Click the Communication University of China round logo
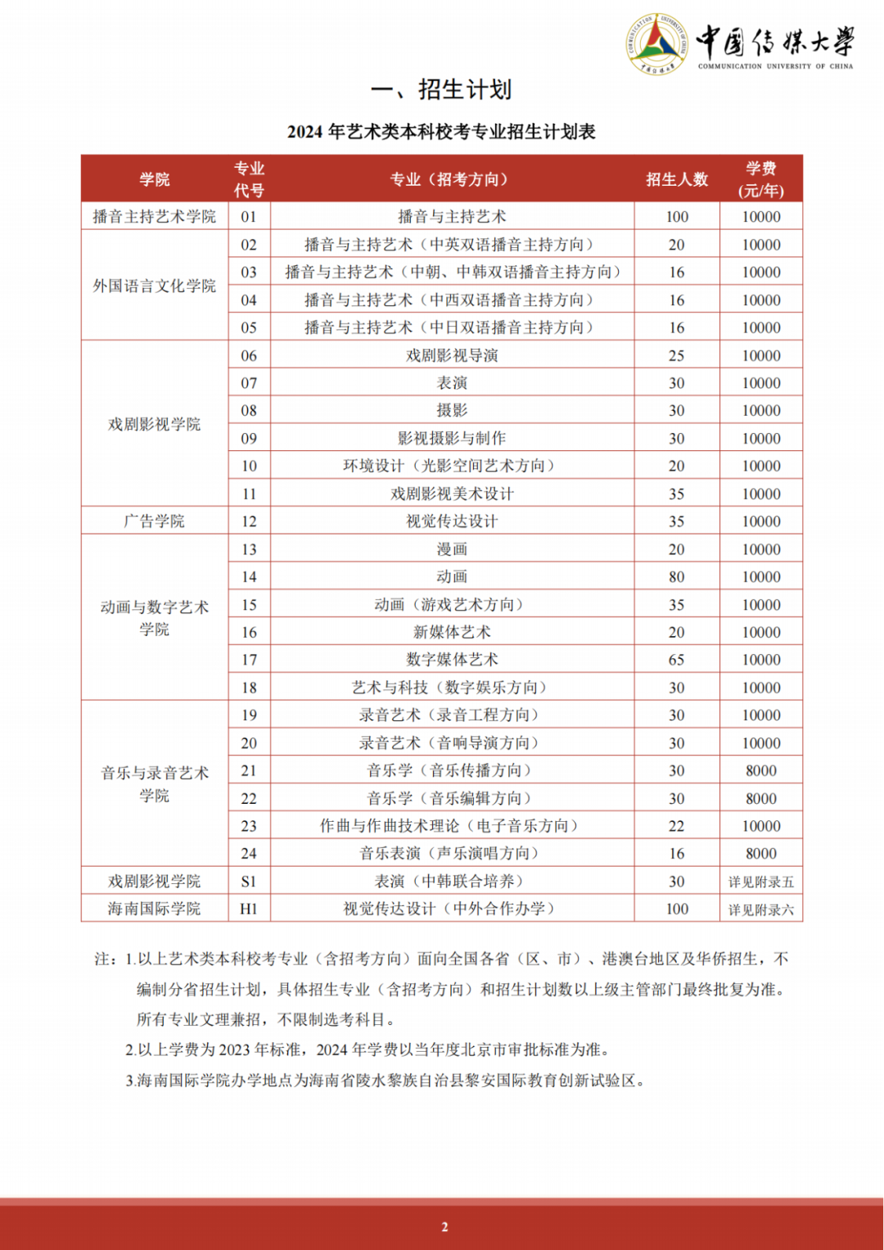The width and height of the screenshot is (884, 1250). tap(656, 44)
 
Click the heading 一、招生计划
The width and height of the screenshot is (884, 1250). tap(441, 89)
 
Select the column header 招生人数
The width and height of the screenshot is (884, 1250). tap(677, 179)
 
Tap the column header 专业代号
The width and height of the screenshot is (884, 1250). tap(249, 179)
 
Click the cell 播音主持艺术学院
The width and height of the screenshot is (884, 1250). tap(155, 217)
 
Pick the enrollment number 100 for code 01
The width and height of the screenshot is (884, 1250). tap(677, 217)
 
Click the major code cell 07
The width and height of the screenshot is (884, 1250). tap(249, 383)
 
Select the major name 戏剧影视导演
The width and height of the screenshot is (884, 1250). tap(452, 355)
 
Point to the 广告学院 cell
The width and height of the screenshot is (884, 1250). tap(155, 521)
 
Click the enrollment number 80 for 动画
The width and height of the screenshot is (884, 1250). tap(677, 577)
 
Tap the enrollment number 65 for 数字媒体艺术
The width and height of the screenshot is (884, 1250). tap(677, 660)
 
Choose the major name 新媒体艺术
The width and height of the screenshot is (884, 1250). tap(452, 632)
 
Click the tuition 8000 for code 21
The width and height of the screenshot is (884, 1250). tap(761, 770)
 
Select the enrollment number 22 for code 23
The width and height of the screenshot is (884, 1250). tap(677, 826)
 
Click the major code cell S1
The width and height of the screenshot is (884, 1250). tap(249, 882)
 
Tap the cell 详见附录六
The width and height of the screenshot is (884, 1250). tap(761, 909)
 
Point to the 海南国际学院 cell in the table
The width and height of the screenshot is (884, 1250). tap(155, 909)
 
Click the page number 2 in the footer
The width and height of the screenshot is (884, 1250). tap(444, 1226)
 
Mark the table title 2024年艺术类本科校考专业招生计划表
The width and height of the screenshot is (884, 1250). tap(441, 132)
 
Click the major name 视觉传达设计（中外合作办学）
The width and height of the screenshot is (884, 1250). tap(452, 909)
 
